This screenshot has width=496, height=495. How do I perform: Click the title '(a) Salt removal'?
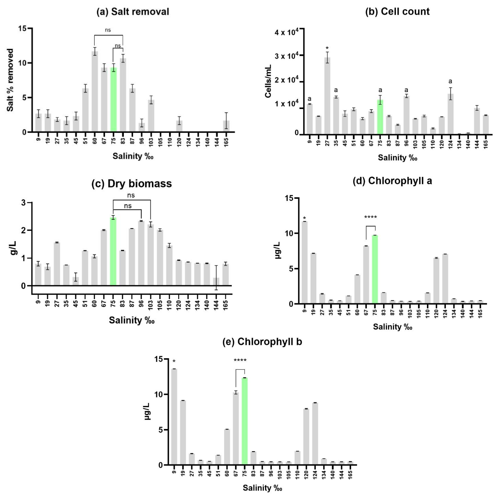(x=133, y=12)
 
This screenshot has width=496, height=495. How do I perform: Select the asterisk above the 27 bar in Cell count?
(x=327, y=48)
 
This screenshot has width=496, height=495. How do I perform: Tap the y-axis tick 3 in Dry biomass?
(x=24, y=203)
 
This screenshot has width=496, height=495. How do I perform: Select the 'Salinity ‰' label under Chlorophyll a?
(x=392, y=327)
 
